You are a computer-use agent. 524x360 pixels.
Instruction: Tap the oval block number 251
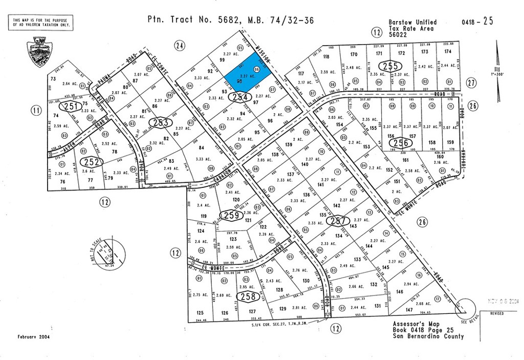point(70,107)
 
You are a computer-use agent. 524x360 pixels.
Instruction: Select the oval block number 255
point(388,66)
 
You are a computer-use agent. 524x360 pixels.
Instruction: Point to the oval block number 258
point(248,296)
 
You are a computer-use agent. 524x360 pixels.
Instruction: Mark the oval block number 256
point(402,143)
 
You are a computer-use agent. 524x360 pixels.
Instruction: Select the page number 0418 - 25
point(477,22)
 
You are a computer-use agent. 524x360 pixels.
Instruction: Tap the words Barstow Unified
point(412,22)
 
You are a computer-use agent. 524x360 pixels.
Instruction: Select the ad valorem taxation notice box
point(40,22)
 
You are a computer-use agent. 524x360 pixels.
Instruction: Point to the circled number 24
point(179,46)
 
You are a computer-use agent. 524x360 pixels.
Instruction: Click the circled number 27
point(471,82)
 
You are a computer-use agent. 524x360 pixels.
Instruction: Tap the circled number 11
point(36,110)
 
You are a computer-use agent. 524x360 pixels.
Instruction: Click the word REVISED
point(496,313)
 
